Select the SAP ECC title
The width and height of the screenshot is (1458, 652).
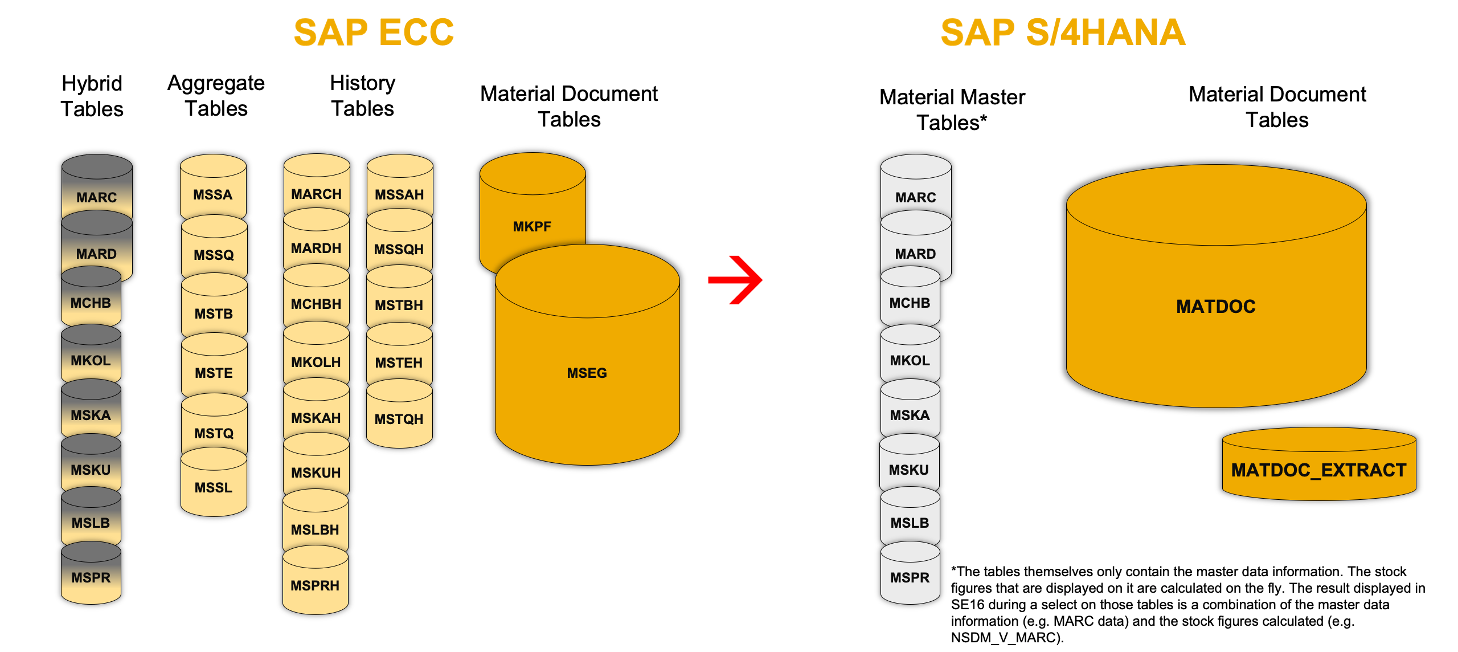(x=374, y=32)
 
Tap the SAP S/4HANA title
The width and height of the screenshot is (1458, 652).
(x=1063, y=32)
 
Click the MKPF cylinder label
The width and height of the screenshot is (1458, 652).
(x=532, y=226)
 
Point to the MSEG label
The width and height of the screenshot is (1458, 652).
(x=587, y=373)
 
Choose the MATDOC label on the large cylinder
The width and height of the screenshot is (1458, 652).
(x=1215, y=307)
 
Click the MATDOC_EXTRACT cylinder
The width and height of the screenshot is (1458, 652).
(x=1318, y=470)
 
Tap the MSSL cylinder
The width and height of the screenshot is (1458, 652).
(x=214, y=487)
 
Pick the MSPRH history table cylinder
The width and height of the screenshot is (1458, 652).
(x=315, y=585)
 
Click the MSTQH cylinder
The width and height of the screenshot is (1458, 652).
(x=399, y=419)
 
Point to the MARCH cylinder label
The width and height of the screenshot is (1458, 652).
(x=316, y=194)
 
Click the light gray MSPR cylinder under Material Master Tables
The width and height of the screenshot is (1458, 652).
(x=910, y=577)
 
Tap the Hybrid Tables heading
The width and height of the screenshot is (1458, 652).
(x=92, y=96)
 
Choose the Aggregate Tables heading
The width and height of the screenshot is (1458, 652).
(x=216, y=96)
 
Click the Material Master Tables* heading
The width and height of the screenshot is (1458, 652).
(x=952, y=109)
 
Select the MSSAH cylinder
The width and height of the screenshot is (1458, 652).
(x=399, y=194)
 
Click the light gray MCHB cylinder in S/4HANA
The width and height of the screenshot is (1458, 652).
(x=910, y=303)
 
